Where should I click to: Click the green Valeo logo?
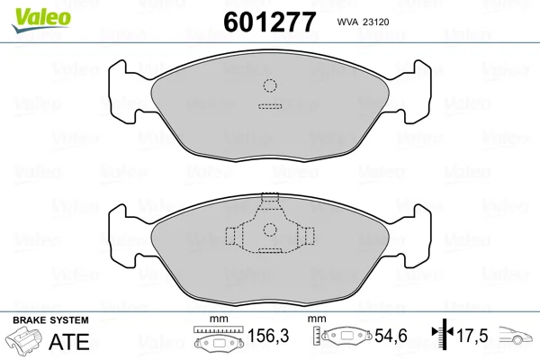41,20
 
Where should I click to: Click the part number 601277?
270,22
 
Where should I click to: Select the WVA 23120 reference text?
363,22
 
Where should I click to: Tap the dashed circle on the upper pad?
270,85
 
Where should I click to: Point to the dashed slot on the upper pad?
270,106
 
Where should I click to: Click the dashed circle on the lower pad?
270,229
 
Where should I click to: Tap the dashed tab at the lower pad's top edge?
270,197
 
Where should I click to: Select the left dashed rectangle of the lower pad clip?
230,236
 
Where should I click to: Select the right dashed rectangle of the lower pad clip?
310,236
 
